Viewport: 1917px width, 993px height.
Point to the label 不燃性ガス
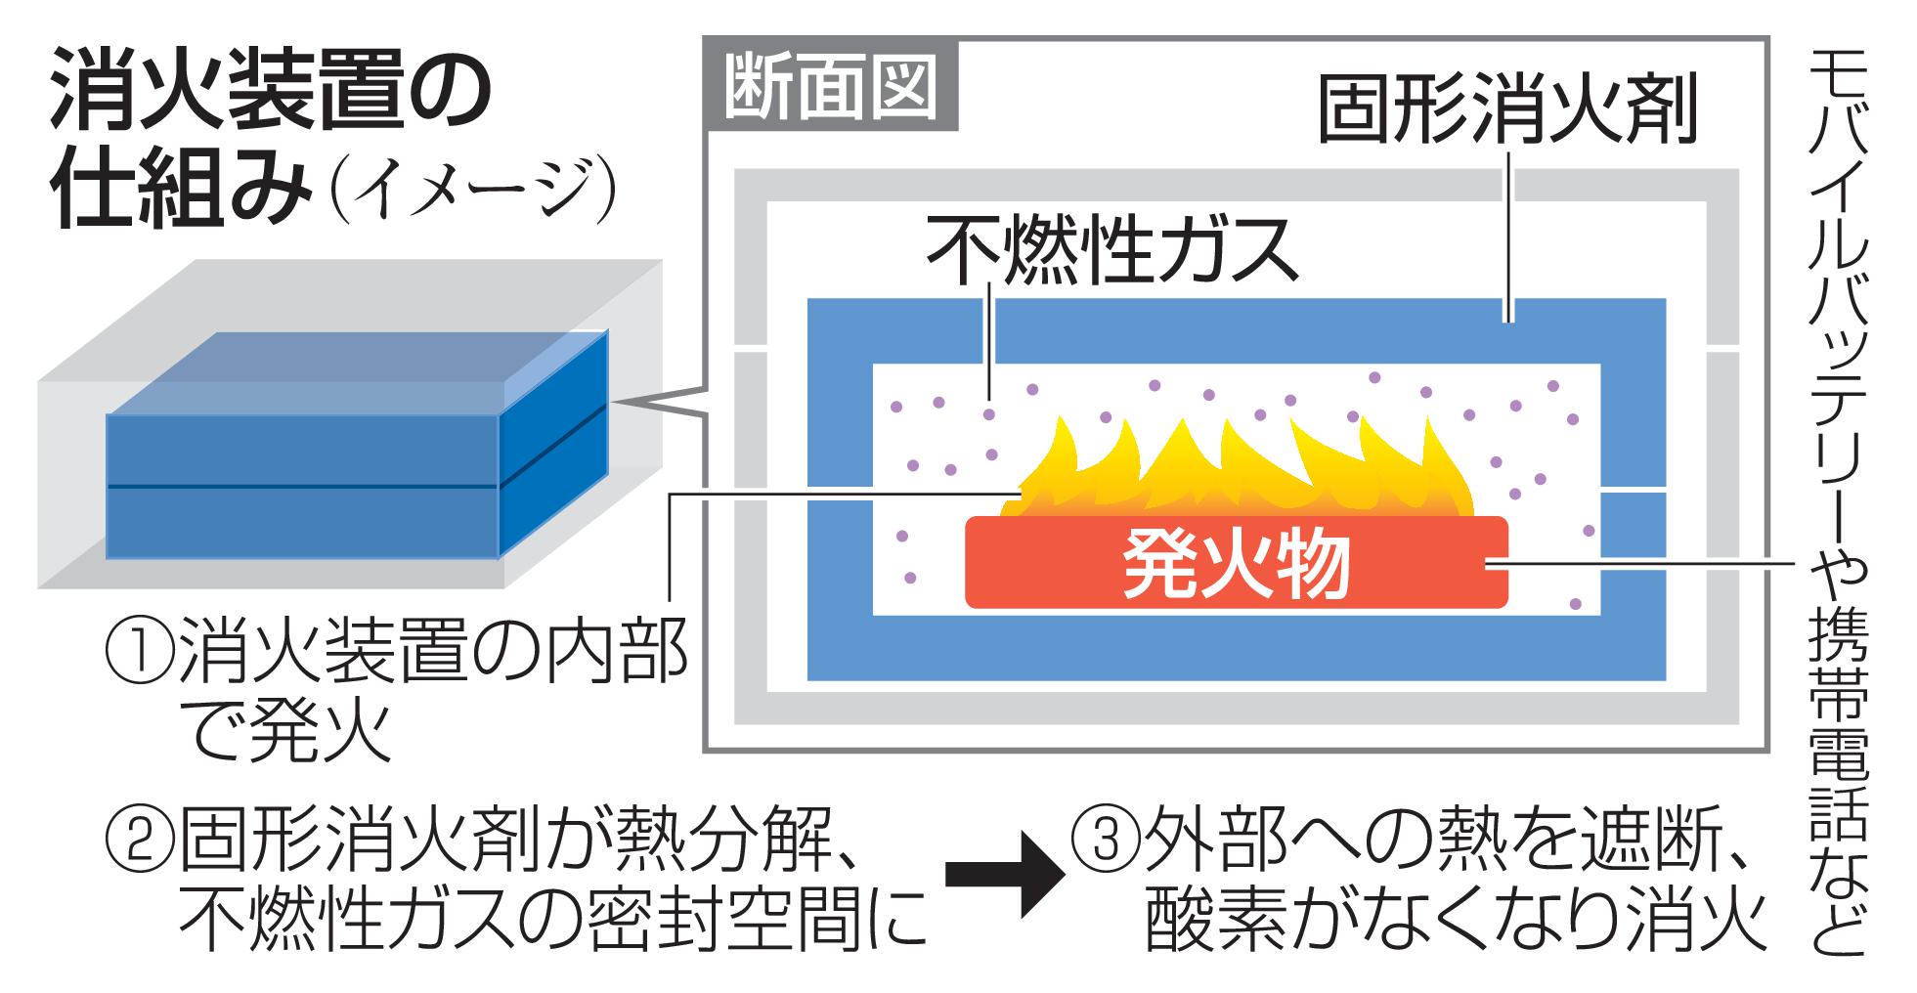click(x=1112, y=248)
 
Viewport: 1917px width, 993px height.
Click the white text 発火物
click(x=1236, y=565)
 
